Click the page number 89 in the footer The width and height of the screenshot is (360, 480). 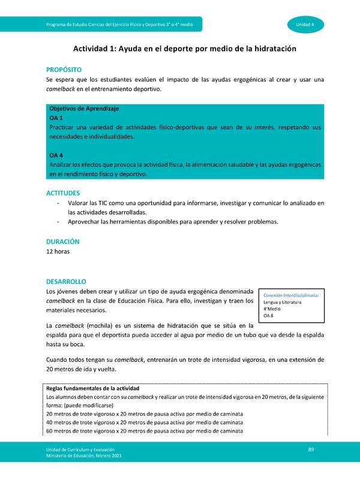point(311,449)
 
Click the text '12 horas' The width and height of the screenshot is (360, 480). point(58,252)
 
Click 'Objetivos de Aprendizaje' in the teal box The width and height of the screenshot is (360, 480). point(84,109)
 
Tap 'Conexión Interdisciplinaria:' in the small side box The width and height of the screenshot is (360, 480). point(291,295)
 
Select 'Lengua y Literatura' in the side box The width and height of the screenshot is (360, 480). point(282,302)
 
